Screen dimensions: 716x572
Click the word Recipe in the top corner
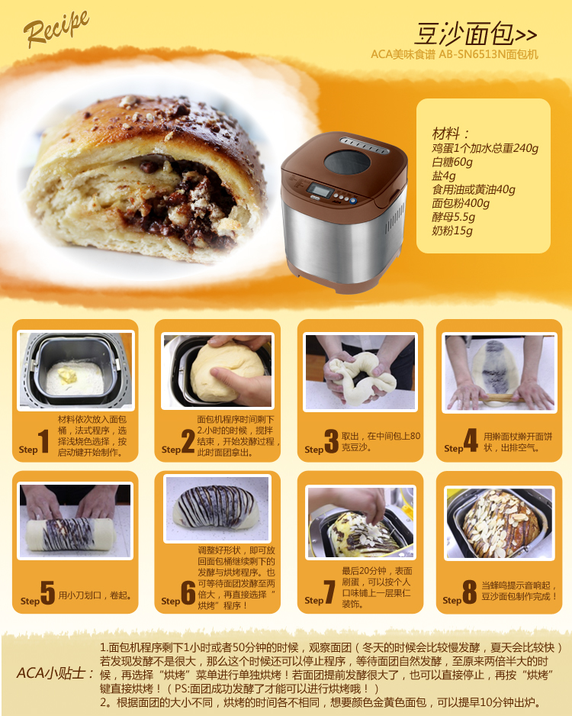[x=56, y=29]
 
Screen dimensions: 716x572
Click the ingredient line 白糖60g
[x=452, y=162]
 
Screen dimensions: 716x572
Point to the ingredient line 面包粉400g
[x=461, y=203]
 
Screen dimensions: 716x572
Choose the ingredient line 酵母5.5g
[x=454, y=217]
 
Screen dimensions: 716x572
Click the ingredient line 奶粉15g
[x=452, y=231]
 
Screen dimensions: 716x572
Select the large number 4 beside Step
[x=471, y=441]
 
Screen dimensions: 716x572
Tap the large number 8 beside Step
[x=470, y=593]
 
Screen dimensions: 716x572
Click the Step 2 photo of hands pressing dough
[x=217, y=370]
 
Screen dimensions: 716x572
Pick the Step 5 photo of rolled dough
[x=76, y=520]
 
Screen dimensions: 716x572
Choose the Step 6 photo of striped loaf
[x=217, y=508]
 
